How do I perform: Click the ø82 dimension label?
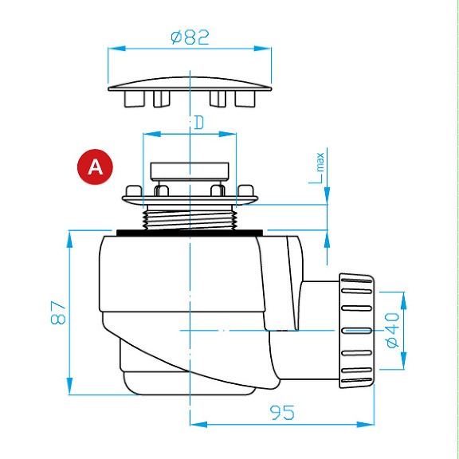(x=190, y=37)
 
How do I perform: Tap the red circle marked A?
(x=95, y=167)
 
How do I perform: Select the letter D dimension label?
(x=199, y=123)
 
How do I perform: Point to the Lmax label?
(x=316, y=168)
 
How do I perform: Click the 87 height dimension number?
(x=58, y=312)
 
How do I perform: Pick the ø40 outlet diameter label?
(x=393, y=330)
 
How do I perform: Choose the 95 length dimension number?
(x=282, y=413)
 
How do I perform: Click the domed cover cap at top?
(x=190, y=84)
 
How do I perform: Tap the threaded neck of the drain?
(x=190, y=218)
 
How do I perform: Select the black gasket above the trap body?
(x=190, y=233)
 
